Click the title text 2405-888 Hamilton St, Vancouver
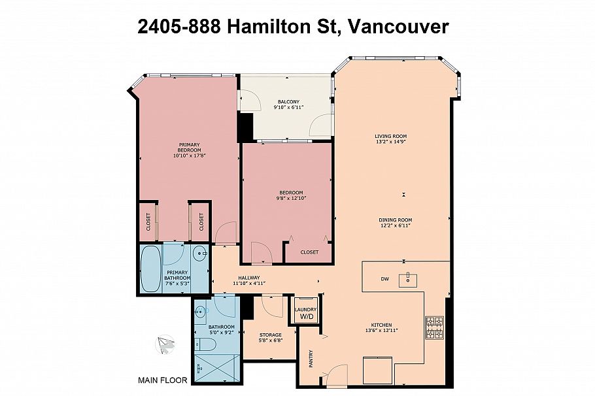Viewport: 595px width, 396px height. [294, 26]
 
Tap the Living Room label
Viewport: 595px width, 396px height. [390, 136]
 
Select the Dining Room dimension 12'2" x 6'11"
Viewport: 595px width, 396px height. [396, 226]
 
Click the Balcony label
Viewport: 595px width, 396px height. [288, 101]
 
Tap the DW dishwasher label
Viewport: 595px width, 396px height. [385, 279]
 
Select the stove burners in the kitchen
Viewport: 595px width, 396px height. [434, 328]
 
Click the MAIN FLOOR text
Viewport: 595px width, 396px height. [163, 380]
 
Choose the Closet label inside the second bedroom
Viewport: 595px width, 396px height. [309, 252]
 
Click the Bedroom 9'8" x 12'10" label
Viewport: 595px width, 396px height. [288, 195]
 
